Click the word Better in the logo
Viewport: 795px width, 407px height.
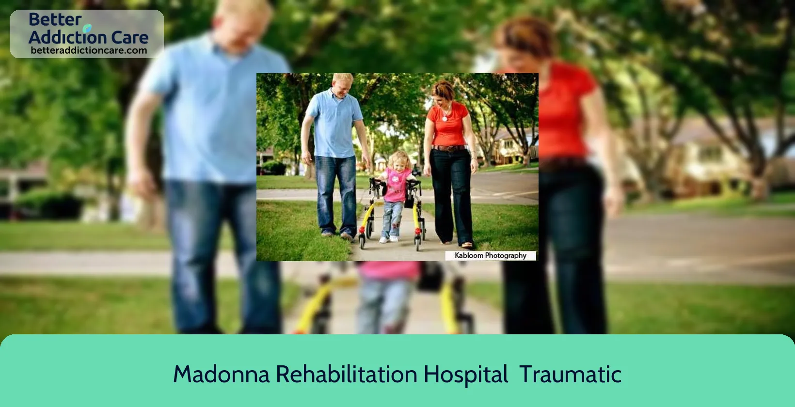click(55, 20)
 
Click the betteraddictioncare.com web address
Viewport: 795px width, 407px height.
click(89, 50)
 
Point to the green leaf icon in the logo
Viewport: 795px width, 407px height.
click(87, 28)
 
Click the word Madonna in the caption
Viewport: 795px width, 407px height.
click(222, 375)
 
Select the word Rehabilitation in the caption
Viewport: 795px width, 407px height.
click(347, 374)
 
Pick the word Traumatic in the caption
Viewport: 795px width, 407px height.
click(571, 375)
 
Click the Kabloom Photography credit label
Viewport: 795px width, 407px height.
click(491, 255)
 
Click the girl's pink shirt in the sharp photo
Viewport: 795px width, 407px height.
click(395, 185)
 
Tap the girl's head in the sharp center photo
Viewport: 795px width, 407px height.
click(398, 160)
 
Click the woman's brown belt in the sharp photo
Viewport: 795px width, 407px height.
click(448, 148)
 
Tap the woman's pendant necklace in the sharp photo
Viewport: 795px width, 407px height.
click(445, 119)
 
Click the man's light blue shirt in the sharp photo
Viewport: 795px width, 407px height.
click(334, 124)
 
